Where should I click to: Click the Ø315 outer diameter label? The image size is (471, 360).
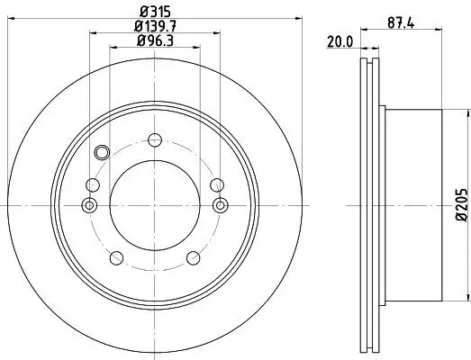(154, 11)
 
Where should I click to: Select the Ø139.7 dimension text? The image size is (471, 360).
(154, 26)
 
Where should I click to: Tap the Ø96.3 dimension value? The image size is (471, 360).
(154, 40)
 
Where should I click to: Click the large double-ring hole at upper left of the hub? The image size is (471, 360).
(101, 151)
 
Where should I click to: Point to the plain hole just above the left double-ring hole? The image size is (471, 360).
(92, 184)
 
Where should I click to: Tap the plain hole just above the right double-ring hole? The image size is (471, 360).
(216, 184)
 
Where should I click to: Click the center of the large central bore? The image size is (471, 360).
(154, 206)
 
